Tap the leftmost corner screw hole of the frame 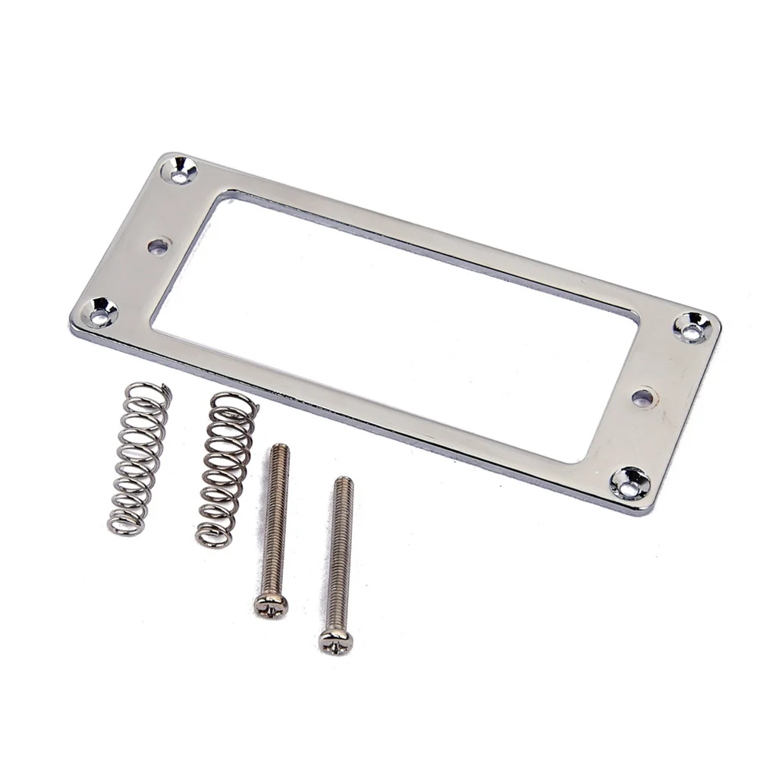(101, 311)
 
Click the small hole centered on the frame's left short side (158, 246)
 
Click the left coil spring (139, 458)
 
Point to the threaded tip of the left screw (281, 450)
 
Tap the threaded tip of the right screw (344, 483)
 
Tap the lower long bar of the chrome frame (364, 394)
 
